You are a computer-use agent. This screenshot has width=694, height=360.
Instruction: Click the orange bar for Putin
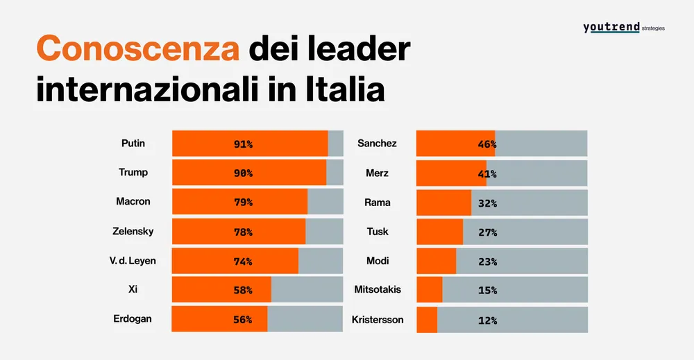(250, 144)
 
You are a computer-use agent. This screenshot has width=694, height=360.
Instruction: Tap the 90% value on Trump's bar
(243, 173)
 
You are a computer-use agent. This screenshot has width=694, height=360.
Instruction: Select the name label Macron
(133, 203)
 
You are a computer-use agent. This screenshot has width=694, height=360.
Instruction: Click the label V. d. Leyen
(133, 261)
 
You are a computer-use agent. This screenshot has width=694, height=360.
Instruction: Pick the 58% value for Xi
(243, 291)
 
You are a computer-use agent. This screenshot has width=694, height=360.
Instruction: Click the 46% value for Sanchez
(487, 144)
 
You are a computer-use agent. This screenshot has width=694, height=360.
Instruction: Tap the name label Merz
(378, 173)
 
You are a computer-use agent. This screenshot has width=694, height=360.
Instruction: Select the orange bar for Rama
(443, 203)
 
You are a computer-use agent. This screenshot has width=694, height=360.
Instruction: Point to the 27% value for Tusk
(487, 232)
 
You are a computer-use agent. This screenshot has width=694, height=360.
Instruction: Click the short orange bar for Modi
(436, 261)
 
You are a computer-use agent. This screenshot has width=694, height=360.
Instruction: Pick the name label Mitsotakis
(378, 290)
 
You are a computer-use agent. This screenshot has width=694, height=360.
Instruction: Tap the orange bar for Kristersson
(427, 320)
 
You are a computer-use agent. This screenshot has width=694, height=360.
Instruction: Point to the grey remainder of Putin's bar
(335, 144)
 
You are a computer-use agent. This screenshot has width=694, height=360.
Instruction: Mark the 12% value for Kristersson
(487, 320)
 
